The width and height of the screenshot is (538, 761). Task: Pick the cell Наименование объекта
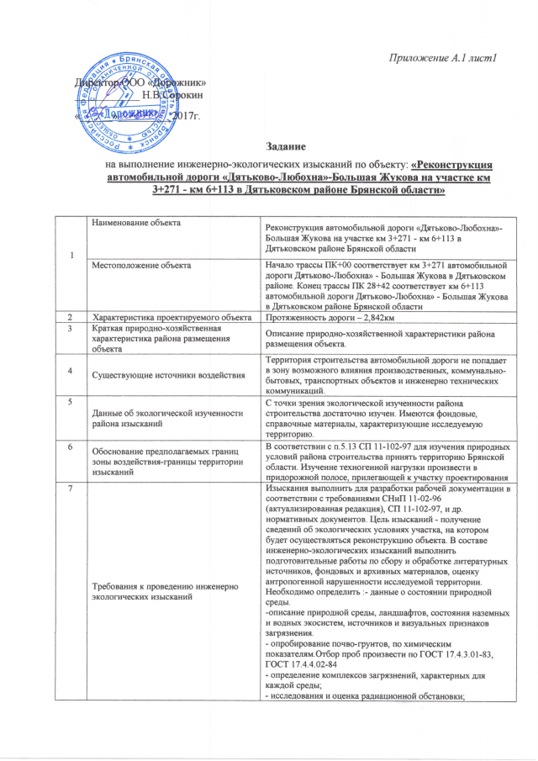point(136,221)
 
